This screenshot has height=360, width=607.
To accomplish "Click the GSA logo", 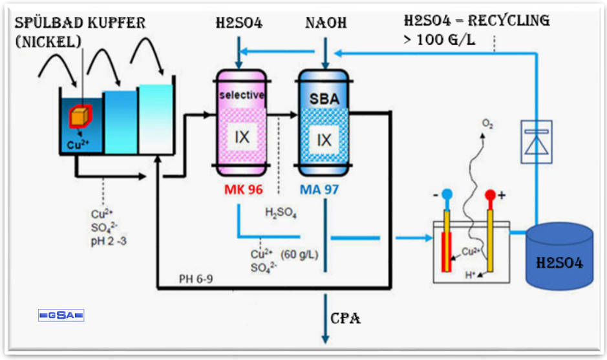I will (x=61, y=315).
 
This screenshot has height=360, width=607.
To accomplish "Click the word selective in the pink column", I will (x=242, y=95).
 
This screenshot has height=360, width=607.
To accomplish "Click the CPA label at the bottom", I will (x=346, y=319).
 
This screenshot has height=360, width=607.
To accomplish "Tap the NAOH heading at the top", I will (x=326, y=23).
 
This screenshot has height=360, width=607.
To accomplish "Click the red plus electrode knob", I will (x=491, y=195).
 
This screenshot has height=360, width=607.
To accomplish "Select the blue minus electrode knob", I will (x=447, y=195).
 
